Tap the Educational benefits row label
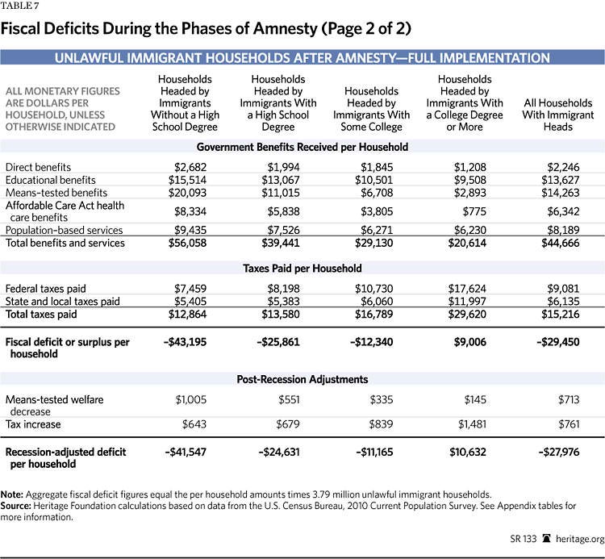click(x=50, y=179)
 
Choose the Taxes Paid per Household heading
click(x=302, y=268)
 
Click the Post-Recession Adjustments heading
click(x=302, y=379)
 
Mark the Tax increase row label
click(x=34, y=424)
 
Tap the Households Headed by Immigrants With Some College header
click(x=371, y=109)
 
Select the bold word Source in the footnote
click(x=23, y=505)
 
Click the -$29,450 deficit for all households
click(x=559, y=342)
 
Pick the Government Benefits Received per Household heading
click(x=302, y=147)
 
